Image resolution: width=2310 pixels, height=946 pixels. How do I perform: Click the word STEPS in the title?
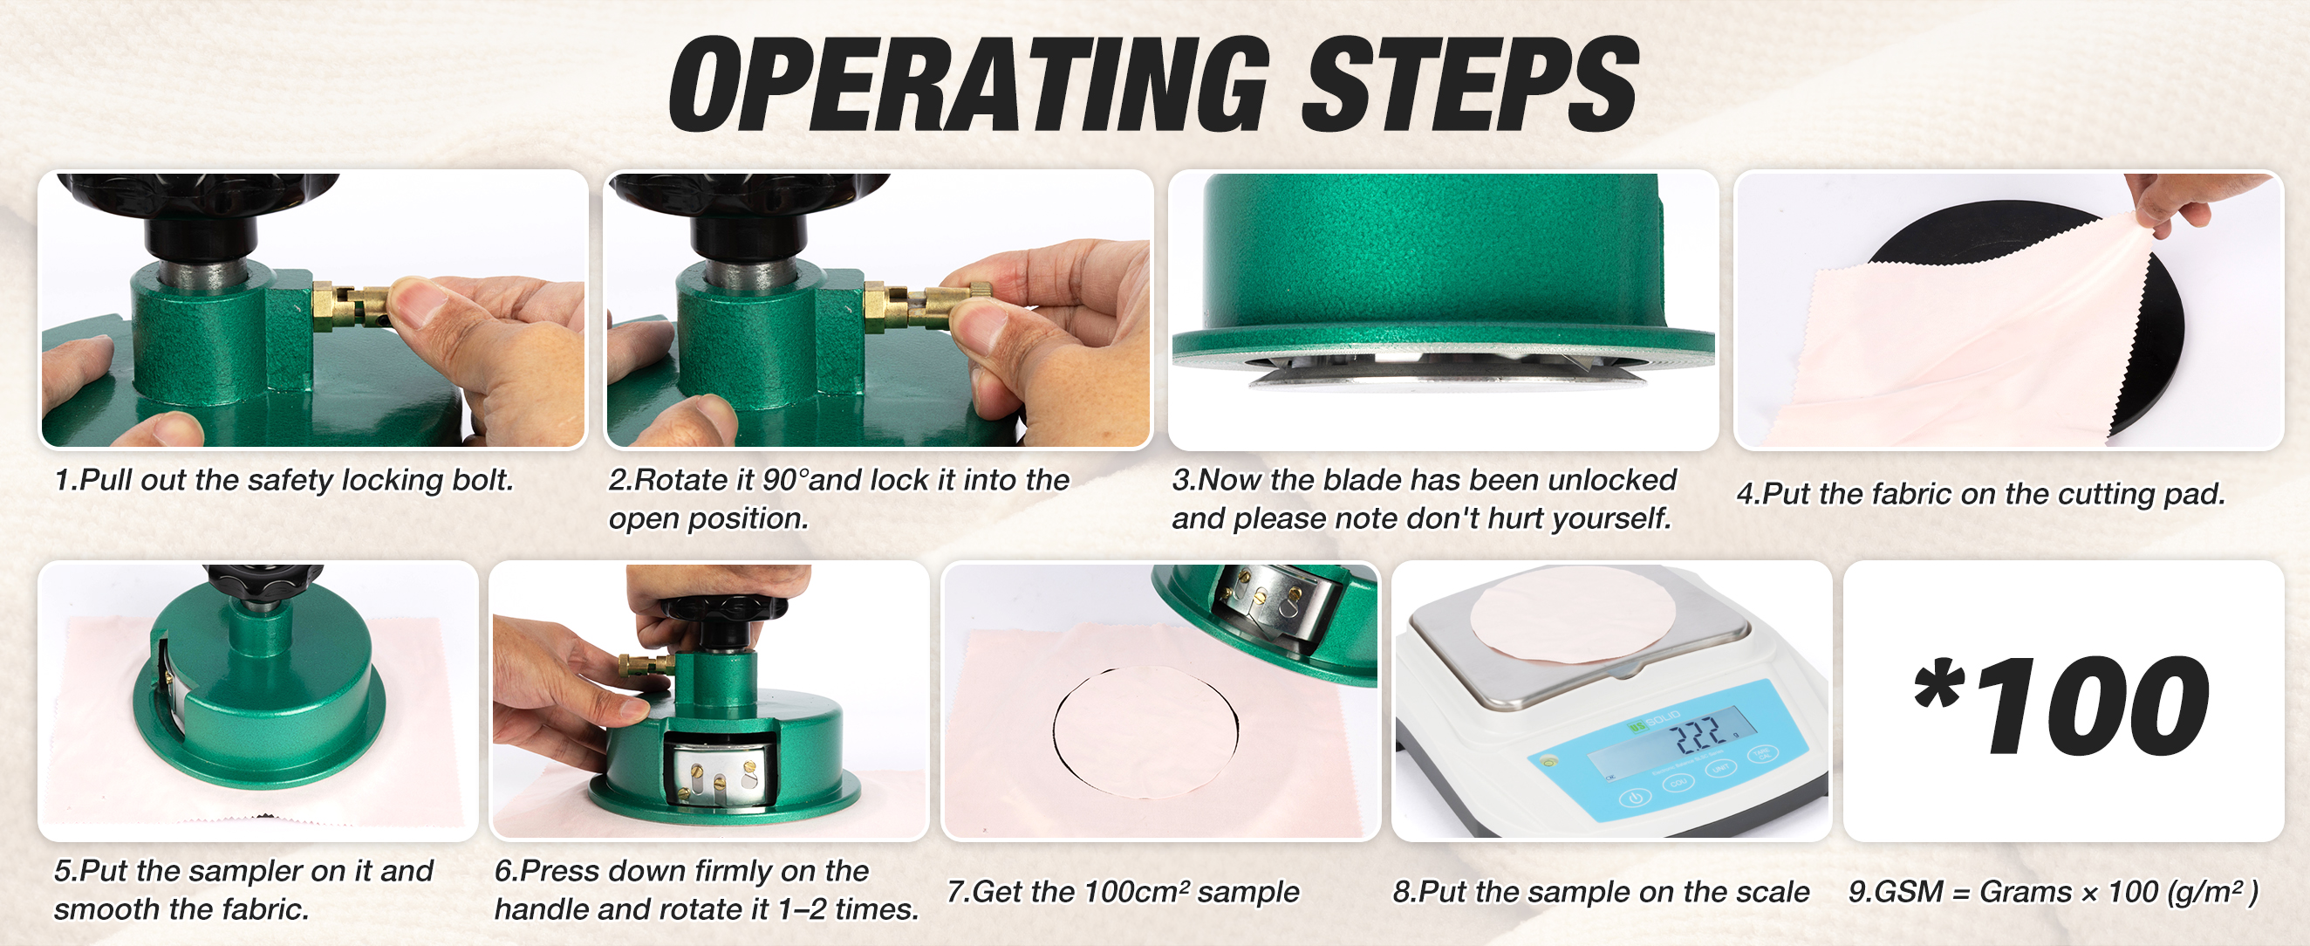(x=1471, y=85)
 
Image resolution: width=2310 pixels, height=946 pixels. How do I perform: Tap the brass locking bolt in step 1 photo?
(x=354, y=305)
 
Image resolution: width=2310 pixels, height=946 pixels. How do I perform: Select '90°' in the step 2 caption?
(x=784, y=480)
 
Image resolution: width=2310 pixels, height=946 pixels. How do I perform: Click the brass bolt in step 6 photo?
(x=645, y=664)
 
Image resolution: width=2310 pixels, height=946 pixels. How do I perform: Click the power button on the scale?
(x=1635, y=797)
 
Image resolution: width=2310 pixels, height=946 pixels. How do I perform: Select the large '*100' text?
(x=2061, y=705)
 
